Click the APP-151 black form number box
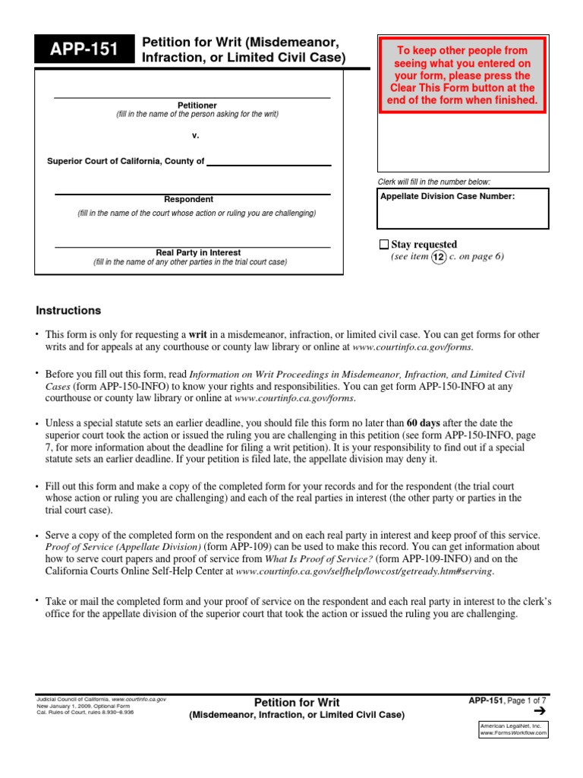pyautogui.click(x=84, y=51)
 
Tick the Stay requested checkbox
pyautogui.click(x=383, y=245)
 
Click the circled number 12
pyautogui.click(x=440, y=257)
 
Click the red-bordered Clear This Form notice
pyautogui.click(x=462, y=74)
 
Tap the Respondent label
pyautogui.click(x=189, y=199)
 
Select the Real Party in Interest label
pyautogui.click(x=198, y=252)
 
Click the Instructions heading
pyautogui.click(x=68, y=311)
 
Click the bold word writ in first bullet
pyautogui.click(x=198, y=334)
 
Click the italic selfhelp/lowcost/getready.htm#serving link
pyautogui.click(x=364, y=571)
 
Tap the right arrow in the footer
pyautogui.click(x=540, y=711)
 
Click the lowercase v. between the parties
pyautogui.click(x=195, y=135)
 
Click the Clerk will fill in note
pyautogui.click(x=434, y=182)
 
